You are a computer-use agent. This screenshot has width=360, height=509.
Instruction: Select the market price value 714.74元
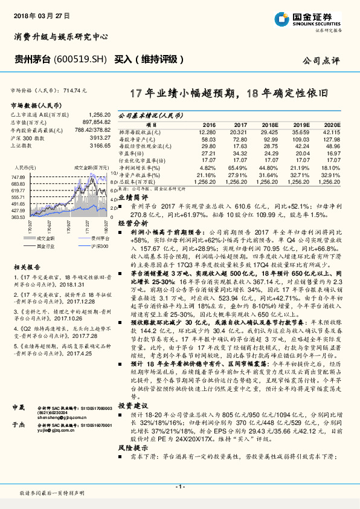tap(71, 89)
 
